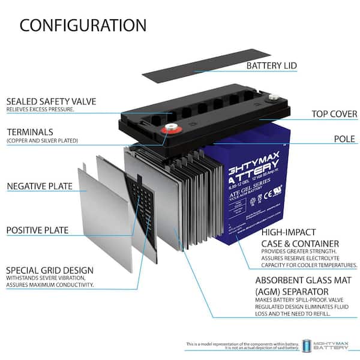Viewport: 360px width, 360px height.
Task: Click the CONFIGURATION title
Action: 83,25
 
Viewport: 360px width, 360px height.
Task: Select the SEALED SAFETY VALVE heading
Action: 51,101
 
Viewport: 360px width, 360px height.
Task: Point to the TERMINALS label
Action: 29,131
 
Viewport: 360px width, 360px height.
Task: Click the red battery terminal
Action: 170,127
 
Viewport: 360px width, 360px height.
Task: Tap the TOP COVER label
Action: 334,114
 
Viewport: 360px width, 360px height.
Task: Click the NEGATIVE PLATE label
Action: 40,186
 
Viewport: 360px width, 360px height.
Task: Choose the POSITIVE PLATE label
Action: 37,230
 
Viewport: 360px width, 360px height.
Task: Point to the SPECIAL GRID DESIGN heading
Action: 50,270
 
